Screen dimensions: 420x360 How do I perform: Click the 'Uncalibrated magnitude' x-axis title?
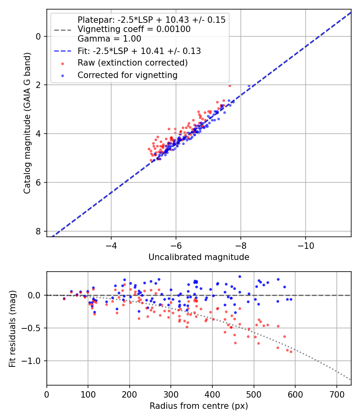click(199, 257)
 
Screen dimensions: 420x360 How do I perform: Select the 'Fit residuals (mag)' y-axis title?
click(12, 328)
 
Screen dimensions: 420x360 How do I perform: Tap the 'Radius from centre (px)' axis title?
click(199, 406)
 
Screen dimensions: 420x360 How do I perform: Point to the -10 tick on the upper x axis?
click(306, 245)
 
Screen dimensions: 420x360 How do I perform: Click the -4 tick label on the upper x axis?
click(111, 245)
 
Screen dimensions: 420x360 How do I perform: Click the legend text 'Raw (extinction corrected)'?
click(132, 63)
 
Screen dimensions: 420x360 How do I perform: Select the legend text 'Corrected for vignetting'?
click(128, 75)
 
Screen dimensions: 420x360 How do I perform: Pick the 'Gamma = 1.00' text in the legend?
click(109, 39)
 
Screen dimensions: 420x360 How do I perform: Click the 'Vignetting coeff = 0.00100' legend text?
click(134, 29)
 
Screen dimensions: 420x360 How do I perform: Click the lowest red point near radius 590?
click(291, 352)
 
